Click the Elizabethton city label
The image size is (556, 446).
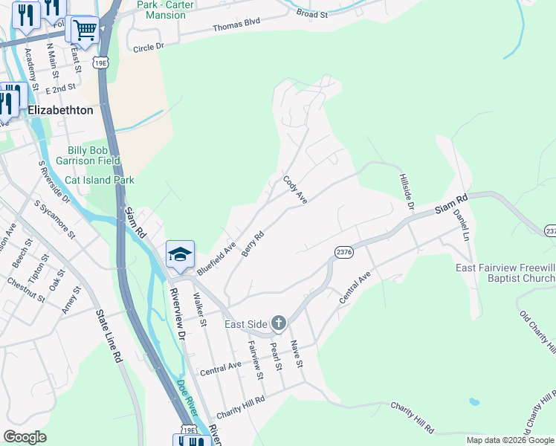pyautogui.click(x=60, y=110)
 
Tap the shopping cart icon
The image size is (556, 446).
pyautogui.click(x=85, y=31)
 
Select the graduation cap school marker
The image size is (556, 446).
pyautogui.click(x=180, y=255)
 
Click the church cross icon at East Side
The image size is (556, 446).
pyautogui.click(x=278, y=323)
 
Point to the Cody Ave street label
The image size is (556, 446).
pyautogui.click(x=295, y=190)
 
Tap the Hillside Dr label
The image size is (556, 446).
pyautogui.click(x=406, y=192)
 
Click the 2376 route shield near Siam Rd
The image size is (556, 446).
pyautogui.click(x=343, y=253)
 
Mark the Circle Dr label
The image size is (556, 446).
pyautogui.click(x=148, y=48)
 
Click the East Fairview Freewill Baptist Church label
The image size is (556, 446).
pyautogui.click(x=505, y=273)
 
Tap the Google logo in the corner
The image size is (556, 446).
pyautogui.click(x=25, y=437)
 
